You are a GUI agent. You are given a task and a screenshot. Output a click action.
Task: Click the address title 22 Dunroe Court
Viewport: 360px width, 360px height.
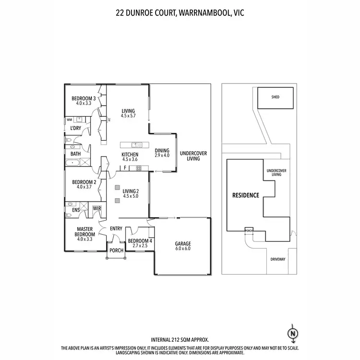[180, 14]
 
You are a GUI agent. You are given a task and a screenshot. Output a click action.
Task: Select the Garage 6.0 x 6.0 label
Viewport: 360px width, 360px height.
[182, 246]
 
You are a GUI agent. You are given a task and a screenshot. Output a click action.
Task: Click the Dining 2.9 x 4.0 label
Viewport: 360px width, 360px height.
[162, 153]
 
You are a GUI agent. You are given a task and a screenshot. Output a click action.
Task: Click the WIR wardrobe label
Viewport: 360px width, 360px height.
[96, 208]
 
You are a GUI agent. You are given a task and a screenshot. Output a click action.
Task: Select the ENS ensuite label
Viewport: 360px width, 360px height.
[76, 210]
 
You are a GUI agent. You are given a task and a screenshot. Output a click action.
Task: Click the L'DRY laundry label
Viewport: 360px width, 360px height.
[75, 129]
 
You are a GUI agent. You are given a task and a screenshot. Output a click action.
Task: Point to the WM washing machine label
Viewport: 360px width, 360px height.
[69, 120]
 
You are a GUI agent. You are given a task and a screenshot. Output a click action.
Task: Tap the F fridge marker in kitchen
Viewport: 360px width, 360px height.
[125, 168]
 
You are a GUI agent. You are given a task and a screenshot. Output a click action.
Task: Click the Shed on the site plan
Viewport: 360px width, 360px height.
[275, 97]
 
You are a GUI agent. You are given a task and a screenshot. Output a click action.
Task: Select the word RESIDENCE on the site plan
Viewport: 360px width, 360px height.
[246, 195]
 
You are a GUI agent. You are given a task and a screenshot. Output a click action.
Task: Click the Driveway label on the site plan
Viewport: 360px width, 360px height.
[278, 259]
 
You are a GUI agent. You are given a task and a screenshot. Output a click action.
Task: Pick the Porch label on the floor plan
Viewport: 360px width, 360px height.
[116, 251]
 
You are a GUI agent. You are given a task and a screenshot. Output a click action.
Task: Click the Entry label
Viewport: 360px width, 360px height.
[116, 228]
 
